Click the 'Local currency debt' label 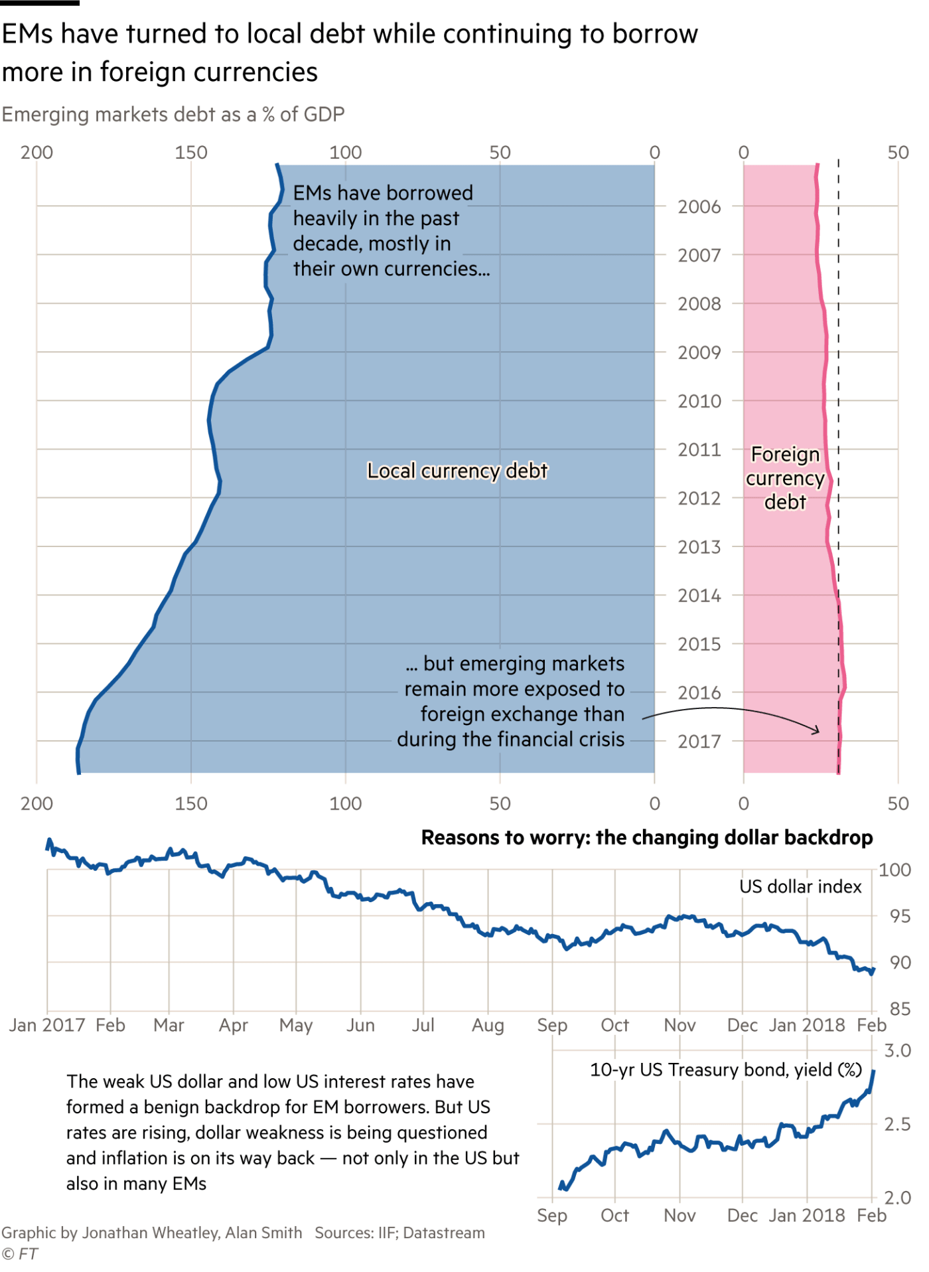pos(457,471)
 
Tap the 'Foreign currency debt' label pos(785,478)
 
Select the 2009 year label pos(699,353)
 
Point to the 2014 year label pos(699,596)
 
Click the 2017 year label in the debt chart pos(699,741)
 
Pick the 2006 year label pos(699,207)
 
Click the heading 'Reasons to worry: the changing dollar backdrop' pos(647,838)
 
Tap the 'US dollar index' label pos(800,887)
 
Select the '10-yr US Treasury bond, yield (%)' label pos(726,1070)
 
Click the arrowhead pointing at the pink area pos(817,731)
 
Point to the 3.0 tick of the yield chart pos(898,1051)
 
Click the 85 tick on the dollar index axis pos(900,1009)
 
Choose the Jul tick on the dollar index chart pos(424,1025)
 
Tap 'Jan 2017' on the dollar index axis pos(48,1025)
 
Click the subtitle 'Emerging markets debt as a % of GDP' pos(173,115)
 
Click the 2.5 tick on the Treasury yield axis pos(898,1125)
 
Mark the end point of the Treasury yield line pos(875,1070)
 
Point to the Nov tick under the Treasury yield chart pos(679,1216)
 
